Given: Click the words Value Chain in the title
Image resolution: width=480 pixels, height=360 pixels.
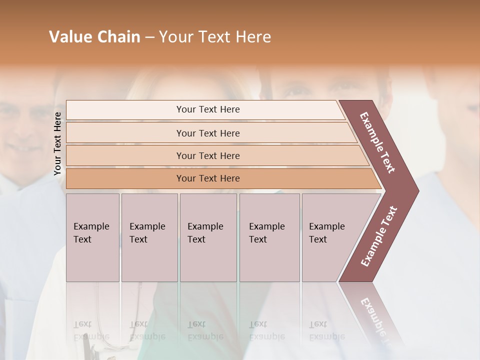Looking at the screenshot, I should tap(94, 37).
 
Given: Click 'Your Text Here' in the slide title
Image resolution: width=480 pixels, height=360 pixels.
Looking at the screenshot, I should tap(215, 37).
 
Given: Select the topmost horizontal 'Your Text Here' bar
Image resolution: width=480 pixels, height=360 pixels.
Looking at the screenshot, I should tap(208, 109).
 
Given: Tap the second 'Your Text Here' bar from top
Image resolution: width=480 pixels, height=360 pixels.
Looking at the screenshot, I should tap(208, 133).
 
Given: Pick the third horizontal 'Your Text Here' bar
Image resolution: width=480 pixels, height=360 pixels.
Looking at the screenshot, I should tap(208, 155).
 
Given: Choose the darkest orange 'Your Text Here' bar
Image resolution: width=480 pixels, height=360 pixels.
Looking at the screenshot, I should tap(208, 178).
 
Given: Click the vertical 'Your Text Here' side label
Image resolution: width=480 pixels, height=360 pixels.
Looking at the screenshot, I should tap(57, 144).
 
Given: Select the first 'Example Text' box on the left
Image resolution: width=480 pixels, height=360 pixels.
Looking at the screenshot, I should tap(92, 237).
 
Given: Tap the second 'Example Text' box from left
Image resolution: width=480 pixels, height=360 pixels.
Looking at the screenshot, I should tap(149, 237).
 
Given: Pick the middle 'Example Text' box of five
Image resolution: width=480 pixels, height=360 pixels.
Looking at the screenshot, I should tap(207, 237).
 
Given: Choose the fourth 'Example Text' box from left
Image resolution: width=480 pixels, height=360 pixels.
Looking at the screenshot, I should tap(269, 237).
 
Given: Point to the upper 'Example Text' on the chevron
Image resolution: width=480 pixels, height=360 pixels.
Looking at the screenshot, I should tap(377, 142).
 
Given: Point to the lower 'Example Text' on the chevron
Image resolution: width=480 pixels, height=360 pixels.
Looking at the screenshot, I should tap(378, 236).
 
